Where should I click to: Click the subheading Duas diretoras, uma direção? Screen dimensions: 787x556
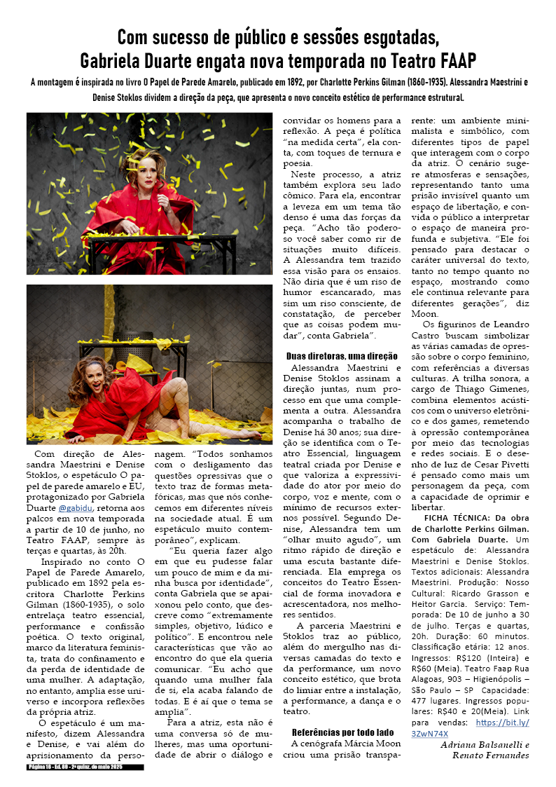[x=342, y=356]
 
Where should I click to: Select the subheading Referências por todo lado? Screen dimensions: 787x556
[x=342, y=732]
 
